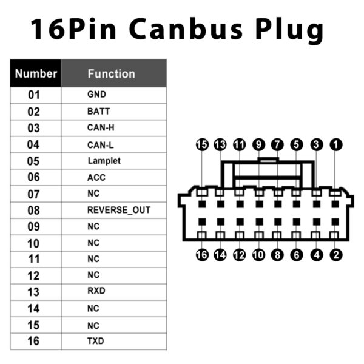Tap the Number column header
pos(36,74)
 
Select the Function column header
pos(111,74)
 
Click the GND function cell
pos(96,95)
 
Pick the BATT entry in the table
pos(98,112)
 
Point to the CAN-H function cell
pos(101,128)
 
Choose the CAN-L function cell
pos(100,144)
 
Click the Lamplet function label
pos(104,161)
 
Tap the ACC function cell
pos(96,177)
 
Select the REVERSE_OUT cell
pos(118,210)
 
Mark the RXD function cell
pos(96,291)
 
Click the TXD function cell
pos(96,340)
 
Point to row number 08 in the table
pos(33,211)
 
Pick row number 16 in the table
pos(33,341)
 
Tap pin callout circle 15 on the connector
pos(202,145)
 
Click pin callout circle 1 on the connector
pos(335,145)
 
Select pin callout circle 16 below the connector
pos(202,255)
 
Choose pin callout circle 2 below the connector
pos(335,255)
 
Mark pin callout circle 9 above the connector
pos(259,145)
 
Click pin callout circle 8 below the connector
pos(278,255)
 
